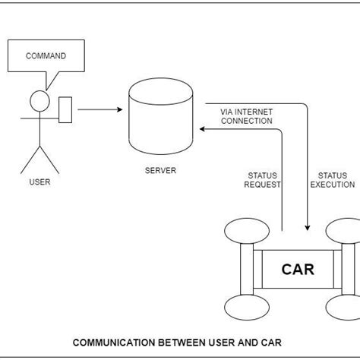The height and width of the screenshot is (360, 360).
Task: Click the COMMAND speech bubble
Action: [x=46, y=57]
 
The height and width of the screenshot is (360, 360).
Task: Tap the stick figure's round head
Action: [x=38, y=100]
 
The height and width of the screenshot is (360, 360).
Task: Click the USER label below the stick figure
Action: [x=39, y=182]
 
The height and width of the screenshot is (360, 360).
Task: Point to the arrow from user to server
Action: [x=99, y=109]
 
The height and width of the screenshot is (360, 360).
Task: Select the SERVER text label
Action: [x=160, y=171]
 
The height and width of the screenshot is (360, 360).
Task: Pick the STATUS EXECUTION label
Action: [x=332, y=179]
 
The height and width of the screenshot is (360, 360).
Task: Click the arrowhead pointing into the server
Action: [x=204, y=129]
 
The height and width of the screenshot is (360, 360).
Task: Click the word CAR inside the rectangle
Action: [x=297, y=269]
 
